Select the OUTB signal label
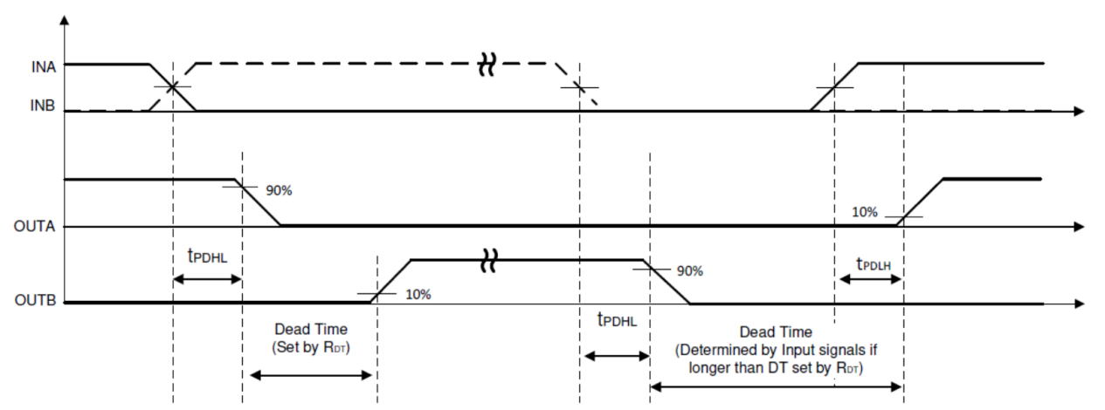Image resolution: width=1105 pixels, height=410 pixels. (36, 303)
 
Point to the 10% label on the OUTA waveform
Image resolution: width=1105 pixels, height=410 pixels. (865, 212)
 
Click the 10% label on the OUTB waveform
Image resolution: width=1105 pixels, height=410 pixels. (418, 294)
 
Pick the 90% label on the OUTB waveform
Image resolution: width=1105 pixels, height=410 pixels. (690, 270)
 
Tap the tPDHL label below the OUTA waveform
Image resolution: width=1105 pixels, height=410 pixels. (207, 256)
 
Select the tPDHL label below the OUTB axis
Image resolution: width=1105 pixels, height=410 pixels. (617, 320)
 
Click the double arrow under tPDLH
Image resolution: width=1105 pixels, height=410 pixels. (870, 279)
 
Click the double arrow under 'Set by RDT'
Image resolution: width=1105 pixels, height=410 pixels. (312, 376)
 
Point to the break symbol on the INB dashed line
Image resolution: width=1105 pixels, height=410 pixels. (486, 64)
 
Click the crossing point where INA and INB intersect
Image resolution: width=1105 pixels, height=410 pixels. (173, 87)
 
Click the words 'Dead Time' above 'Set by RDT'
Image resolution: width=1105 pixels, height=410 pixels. (311, 330)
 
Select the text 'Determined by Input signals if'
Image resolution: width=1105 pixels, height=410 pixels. (777, 350)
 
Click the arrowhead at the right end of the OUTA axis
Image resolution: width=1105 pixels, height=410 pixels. (1080, 226)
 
